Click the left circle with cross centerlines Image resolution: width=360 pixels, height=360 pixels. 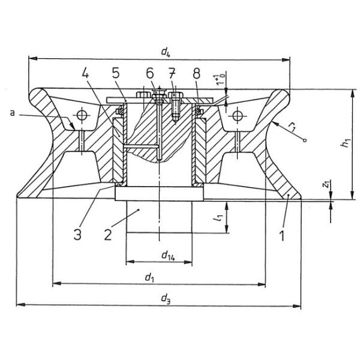coord(79,115)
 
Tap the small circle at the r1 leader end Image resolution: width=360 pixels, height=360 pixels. coord(305,142)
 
